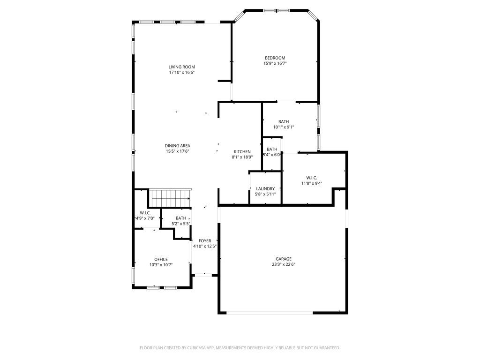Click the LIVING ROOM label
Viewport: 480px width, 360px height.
click(x=181, y=67)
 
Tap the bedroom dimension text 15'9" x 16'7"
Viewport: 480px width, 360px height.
click(x=275, y=63)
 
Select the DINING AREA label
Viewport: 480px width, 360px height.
click(x=177, y=145)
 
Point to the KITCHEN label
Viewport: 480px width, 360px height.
click(x=242, y=151)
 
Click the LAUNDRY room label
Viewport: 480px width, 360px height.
click(x=265, y=188)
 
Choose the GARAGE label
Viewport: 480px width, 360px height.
click(x=283, y=259)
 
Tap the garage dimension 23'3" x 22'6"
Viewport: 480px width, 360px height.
click(x=283, y=264)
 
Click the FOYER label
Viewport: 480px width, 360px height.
click(x=204, y=240)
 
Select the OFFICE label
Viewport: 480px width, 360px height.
click(x=161, y=259)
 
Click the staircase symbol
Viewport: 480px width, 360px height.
click(x=170, y=197)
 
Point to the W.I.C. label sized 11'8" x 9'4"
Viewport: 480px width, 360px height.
click(x=312, y=178)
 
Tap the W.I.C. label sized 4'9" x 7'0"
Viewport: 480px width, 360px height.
click(x=145, y=213)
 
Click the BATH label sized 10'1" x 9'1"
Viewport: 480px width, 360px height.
click(x=284, y=121)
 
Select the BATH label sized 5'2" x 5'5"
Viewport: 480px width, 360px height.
click(x=181, y=218)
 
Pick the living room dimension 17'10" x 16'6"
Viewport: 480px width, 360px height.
click(x=181, y=73)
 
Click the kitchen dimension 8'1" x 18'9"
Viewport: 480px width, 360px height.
click(x=242, y=157)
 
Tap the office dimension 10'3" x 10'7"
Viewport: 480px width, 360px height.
click(x=161, y=265)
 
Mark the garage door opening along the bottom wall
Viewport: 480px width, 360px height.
click(x=270, y=313)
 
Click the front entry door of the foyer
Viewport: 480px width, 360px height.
click(x=203, y=275)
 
